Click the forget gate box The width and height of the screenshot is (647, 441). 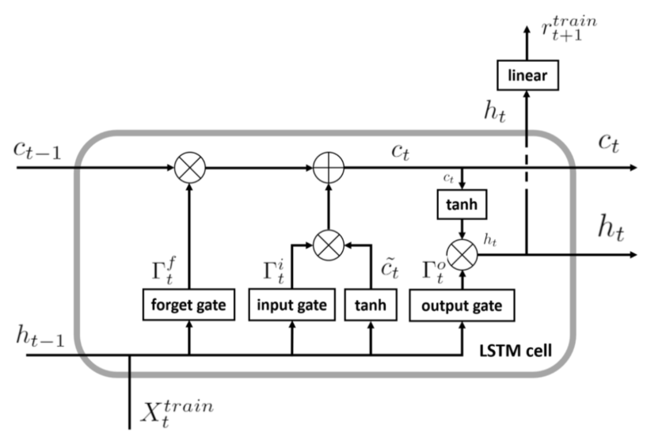click(x=188, y=305)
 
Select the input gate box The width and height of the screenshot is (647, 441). click(x=292, y=305)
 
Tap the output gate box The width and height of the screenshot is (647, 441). click(x=461, y=305)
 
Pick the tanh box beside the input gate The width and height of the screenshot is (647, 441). click(x=370, y=305)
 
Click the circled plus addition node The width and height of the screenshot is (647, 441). click(x=325, y=168)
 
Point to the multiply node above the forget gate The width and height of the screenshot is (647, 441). click(x=188, y=168)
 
